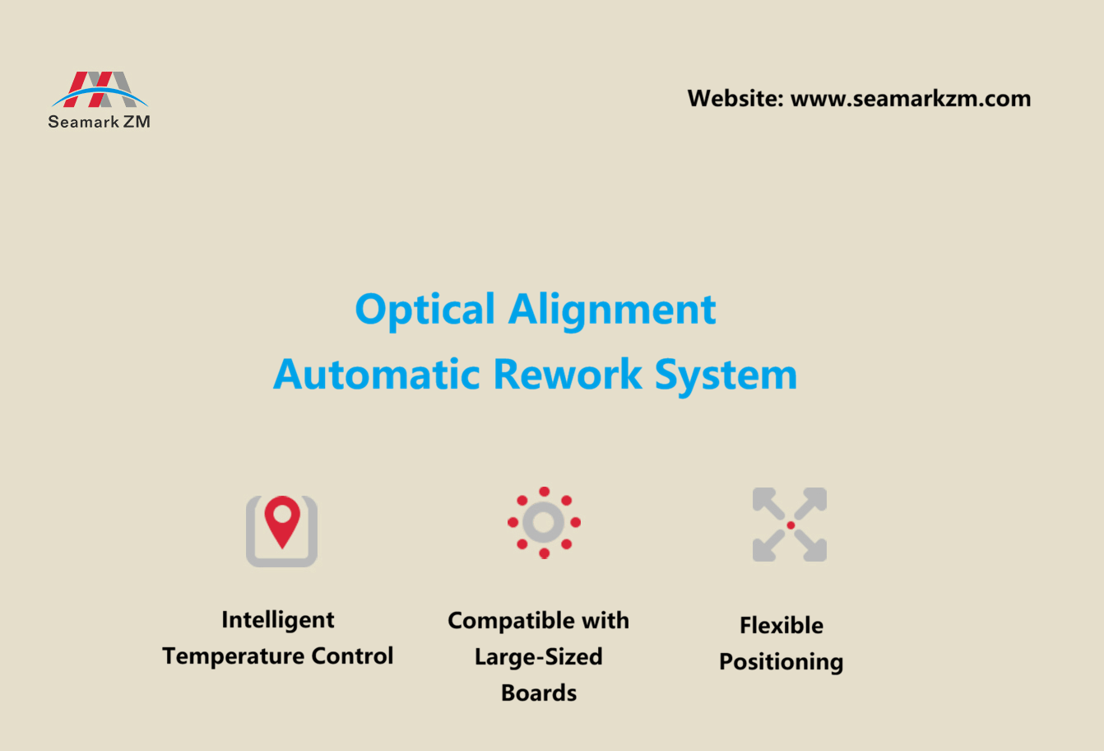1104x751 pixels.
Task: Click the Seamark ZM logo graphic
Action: (100, 89)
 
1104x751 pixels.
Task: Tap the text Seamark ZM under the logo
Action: (99, 122)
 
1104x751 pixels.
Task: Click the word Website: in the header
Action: (735, 99)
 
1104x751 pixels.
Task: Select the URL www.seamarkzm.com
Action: (911, 99)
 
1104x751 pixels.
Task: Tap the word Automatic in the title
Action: (377, 375)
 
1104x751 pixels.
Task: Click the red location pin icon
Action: (281, 520)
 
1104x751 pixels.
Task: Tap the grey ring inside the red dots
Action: (544, 522)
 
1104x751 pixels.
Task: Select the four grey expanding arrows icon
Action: (790, 525)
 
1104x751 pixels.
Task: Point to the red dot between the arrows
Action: (791, 525)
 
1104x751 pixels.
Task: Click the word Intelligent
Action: (278, 620)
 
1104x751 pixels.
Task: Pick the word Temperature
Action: (231, 656)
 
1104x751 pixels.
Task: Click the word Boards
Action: (539, 693)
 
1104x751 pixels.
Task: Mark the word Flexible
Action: (782, 626)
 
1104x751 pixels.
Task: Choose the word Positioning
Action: (782, 663)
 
